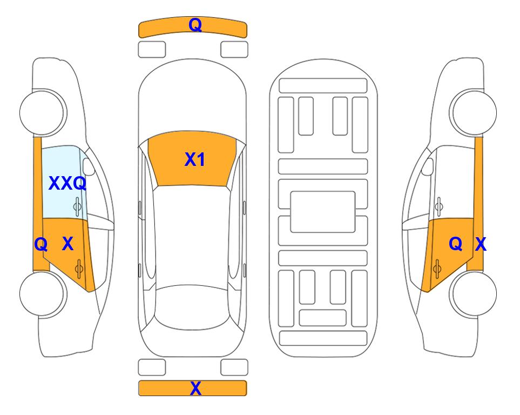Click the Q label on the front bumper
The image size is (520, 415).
tap(195, 25)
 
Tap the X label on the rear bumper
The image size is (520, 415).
tap(195, 389)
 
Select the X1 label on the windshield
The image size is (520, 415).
tap(195, 159)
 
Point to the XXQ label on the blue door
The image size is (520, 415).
tap(67, 183)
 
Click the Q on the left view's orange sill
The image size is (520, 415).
tap(41, 245)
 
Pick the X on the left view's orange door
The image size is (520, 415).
tap(67, 244)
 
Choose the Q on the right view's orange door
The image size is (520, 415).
tap(456, 244)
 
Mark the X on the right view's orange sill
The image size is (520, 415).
tap(481, 244)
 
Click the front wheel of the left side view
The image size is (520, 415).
tap(43, 112)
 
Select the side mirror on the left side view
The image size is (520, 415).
tap(89, 167)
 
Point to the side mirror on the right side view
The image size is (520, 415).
tap(428, 167)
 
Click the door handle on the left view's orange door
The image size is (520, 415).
tap(79, 269)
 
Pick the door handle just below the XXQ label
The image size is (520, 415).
tap(77, 207)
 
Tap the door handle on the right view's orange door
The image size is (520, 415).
tap(437, 269)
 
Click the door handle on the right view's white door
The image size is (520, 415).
tap(439, 206)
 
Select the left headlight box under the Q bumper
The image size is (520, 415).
tap(152, 50)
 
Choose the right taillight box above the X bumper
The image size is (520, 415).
tap(234, 367)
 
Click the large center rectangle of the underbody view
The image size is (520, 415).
tap(323, 212)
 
